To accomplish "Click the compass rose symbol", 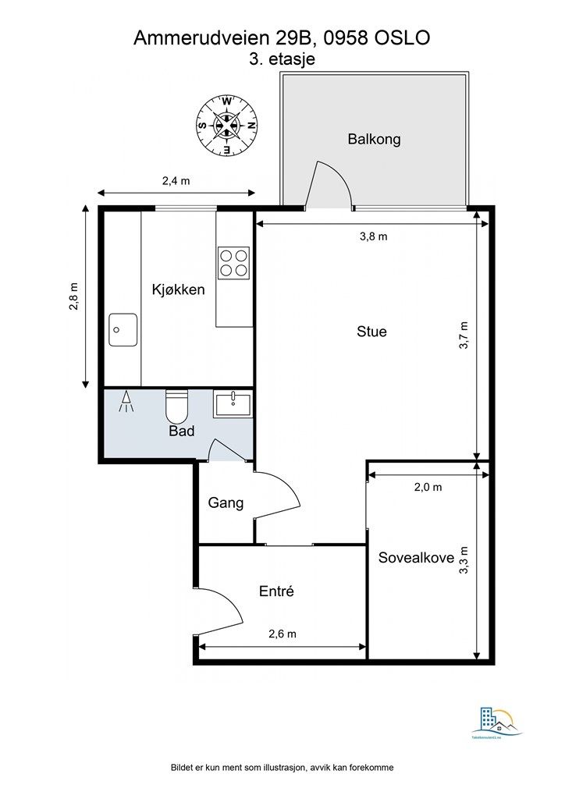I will point(226,124).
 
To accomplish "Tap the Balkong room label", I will point(374,140).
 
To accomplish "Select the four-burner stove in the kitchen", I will point(233,262).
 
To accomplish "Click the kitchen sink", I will point(123,329).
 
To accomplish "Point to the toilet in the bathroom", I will point(176,406).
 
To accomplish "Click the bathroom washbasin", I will point(233,404).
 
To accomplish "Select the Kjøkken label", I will point(178,290).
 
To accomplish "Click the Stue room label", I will point(371,332).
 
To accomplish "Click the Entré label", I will point(276,591).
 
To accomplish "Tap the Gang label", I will point(226,503).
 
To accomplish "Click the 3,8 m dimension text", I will point(372,236).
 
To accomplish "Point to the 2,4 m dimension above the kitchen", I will point(176,181).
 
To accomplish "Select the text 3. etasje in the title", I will point(281,59).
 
